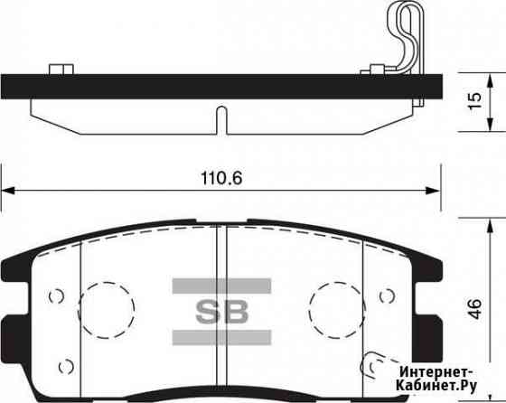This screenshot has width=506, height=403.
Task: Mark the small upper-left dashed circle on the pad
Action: click(x=57, y=295)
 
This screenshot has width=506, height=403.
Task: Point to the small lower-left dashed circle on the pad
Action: click(x=64, y=366)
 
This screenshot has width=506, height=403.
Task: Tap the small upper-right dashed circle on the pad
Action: click(x=388, y=295)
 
